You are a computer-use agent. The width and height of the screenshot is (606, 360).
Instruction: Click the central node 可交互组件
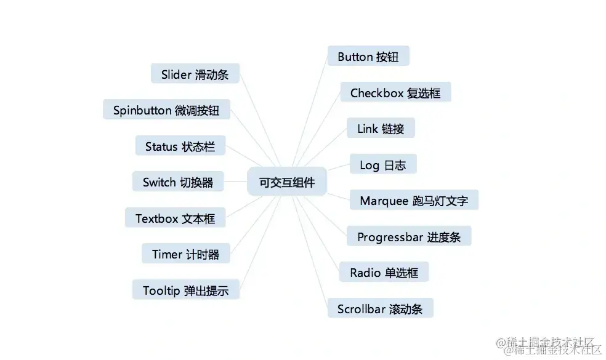pyautogui.click(x=287, y=183)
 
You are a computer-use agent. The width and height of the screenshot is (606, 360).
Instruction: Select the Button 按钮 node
pyautogui.click(x=368, y=57)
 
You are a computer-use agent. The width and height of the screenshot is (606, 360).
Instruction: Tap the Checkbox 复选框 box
pyautogui.click(x=395, y=93)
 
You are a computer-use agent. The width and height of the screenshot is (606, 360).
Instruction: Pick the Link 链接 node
pyautogui.click(x=380, y=129)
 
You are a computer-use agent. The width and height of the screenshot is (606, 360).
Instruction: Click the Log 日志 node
pyautogui.click(x=382, y=165)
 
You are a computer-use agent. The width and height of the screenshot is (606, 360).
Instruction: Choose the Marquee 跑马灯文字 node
pyautogui.click(x=414, y=201)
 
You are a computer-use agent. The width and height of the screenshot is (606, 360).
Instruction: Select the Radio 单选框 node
pyautogui.click(x=384, y=272)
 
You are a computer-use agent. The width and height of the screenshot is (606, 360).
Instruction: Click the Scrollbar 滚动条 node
pyautogui.click(x=380, y=308)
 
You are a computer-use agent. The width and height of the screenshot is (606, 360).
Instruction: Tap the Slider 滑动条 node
pyautogui.click(x=195, y=74)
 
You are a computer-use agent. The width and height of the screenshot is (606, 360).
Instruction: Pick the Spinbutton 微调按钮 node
pyautogui.click(x=166, y=110)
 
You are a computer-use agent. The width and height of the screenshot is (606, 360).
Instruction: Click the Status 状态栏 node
pyautogui.click(x=180, y=146)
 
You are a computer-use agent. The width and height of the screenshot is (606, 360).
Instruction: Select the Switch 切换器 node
pyautogui.click(x=178, y=182)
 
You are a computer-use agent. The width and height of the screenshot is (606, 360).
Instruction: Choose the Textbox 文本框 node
pyautogui.click(x=175, y=218)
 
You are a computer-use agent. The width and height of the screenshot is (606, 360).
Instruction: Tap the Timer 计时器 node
pyautogui.click(x=185, y=254)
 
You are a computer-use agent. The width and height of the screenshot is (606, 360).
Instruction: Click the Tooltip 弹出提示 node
pyautogui.click(x=185, y=290)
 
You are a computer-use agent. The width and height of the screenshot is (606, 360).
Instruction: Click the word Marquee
pyautogui.click(x=384, y=201)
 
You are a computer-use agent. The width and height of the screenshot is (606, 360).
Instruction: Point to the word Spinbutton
pyautogui.click(x=142, y=110)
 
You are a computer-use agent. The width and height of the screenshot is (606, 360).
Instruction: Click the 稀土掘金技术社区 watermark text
pyautogui.click(x=549, y=345)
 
